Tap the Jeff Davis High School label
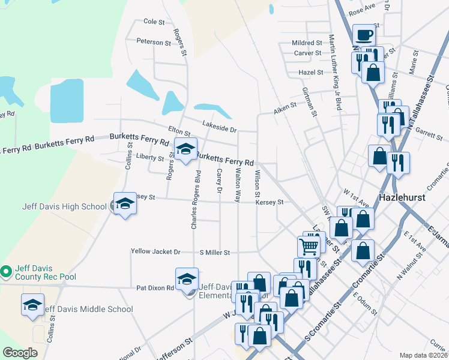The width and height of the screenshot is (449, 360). pos(64,207)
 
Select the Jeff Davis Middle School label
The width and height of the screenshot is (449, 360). pos(88,310)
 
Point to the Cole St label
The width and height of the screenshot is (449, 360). pos(154,22)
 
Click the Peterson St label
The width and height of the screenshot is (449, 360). pos(154,42)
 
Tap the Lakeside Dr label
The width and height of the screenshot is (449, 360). pos(220,129)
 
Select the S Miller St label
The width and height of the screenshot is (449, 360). pos(215,253)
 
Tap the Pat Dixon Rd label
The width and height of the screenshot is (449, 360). pos(155,288)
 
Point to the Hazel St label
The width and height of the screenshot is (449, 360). pos(311,73)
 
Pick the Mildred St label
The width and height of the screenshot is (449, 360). pos(307,43)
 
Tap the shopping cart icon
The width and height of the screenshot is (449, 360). pos(309,245)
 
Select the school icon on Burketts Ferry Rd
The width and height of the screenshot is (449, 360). pos(185,149)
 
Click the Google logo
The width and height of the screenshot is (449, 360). pos(20,353)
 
